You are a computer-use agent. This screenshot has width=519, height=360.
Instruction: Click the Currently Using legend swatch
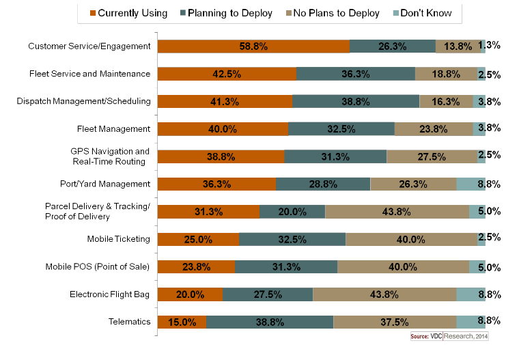93,13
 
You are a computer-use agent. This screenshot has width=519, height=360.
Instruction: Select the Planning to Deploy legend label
230,13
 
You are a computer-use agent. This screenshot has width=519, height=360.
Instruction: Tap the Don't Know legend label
426,13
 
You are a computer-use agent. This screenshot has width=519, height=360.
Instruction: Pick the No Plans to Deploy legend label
336,13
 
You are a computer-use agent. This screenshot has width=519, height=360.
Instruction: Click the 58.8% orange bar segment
253,46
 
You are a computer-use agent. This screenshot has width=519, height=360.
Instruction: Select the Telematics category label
130,322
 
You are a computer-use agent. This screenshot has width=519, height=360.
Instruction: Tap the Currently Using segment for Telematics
182,322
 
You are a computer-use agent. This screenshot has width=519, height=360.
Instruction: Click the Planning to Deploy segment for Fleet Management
341,129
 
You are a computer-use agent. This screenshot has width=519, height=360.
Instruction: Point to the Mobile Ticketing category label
119,239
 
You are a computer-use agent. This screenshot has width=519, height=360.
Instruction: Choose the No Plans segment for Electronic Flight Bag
384,294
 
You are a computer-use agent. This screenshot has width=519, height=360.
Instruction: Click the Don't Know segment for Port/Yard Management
471,184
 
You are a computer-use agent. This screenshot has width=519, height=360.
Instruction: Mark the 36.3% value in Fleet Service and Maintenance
356,74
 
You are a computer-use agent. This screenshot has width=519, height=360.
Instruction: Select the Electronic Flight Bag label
109,294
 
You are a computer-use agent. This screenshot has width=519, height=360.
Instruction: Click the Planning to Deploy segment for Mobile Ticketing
292,239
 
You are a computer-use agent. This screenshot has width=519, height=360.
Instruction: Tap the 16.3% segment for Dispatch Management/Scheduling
446,101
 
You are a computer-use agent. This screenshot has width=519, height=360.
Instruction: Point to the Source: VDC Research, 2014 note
449,336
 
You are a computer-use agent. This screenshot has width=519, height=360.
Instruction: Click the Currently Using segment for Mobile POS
196,266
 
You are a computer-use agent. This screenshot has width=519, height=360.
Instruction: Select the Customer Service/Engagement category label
89,46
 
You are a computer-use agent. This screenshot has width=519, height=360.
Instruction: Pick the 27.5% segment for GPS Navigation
432,156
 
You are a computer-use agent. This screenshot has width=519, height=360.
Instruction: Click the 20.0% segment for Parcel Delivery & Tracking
292,212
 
